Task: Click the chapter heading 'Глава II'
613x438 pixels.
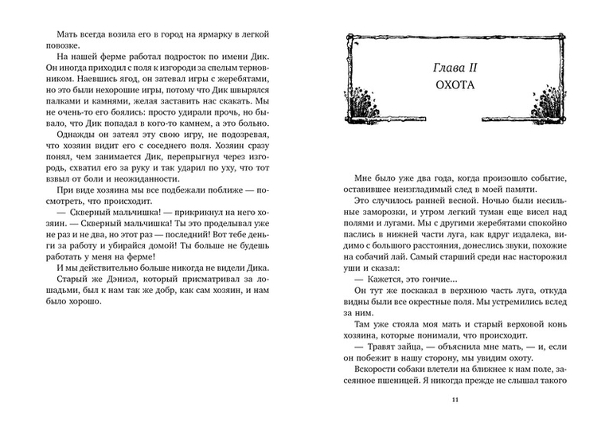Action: (x=455, y=63)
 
